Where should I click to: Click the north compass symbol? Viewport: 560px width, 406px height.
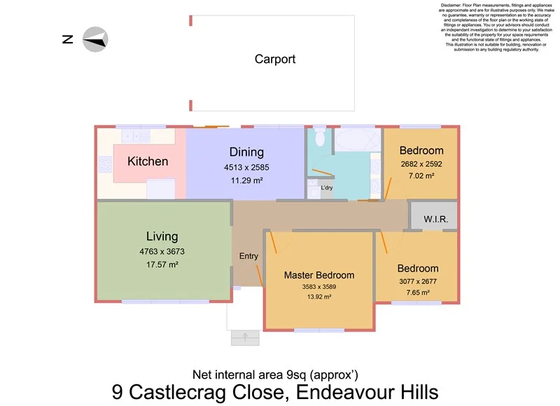pos(94,39)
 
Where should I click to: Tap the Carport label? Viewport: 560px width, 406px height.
pos(274,60)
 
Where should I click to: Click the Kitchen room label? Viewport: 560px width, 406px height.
pos(148,161)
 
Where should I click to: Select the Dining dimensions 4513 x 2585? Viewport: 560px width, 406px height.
pos(246,168)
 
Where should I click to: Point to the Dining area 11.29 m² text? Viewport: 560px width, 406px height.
pos(246,180)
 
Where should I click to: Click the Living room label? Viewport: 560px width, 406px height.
pos(162,236)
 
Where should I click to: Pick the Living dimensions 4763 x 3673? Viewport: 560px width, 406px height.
pos(162,251)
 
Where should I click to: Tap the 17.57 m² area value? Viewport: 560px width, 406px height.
pos(162,264)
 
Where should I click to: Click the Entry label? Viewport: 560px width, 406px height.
pos(248,256)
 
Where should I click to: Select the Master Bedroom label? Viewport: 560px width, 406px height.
pos(318,275)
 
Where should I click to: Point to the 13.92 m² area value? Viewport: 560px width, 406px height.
pos(318,297)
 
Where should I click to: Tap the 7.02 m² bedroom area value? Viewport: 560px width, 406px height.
pos(421,175)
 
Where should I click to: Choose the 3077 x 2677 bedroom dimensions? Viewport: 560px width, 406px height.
pos(418,282)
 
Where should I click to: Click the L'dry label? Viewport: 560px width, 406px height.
pos(327,189)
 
